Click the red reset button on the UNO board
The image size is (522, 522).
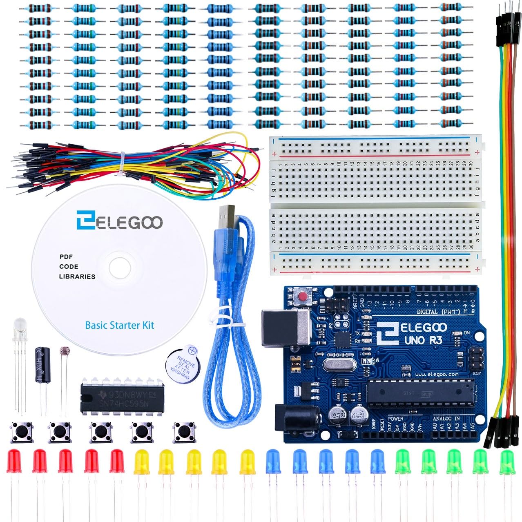pos(303,296)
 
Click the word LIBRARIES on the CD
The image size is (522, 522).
pos(77,277)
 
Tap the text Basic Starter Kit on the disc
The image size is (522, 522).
pos(119,325)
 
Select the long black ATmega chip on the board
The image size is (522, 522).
pos(421,392)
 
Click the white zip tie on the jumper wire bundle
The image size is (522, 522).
pos(123,164)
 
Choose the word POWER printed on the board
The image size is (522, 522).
pos(395,419)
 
